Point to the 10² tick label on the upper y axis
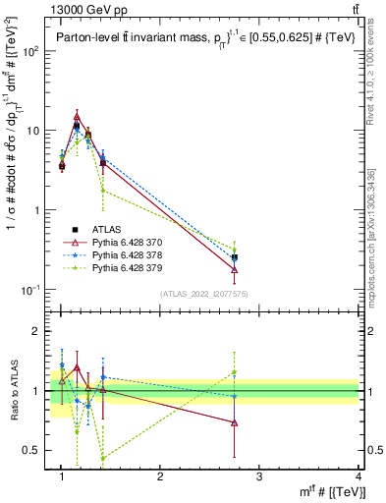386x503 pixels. (x=30, y=51)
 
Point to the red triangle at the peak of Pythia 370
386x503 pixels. (x=77, y=117)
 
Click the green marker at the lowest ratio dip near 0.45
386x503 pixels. (x=103, y=458)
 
